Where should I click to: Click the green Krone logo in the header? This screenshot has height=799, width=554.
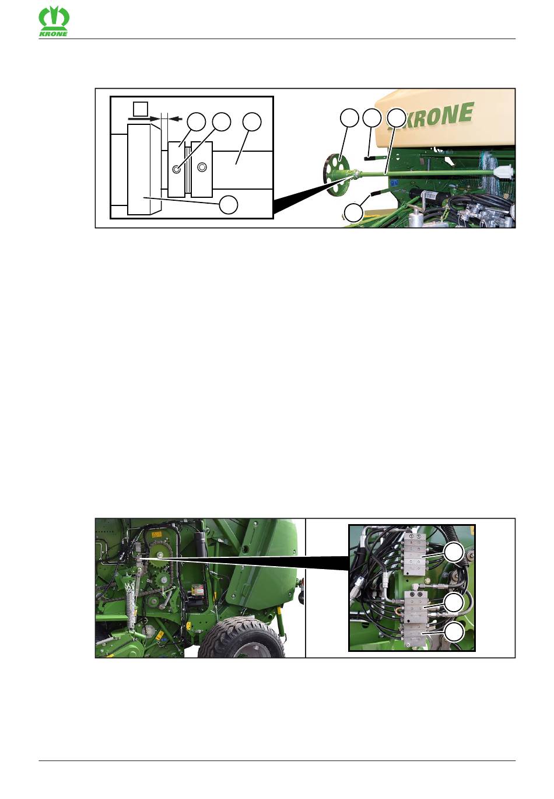[x=54, y=22]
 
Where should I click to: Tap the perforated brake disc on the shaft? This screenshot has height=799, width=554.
[x=338, y=174]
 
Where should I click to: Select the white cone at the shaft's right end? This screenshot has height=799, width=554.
[x=504, y=171]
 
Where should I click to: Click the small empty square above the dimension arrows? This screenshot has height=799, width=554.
[x=140, y=108]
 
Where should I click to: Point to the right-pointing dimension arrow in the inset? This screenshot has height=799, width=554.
[x=145, y=118]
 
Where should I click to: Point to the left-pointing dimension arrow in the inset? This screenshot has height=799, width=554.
[x=176, y=118]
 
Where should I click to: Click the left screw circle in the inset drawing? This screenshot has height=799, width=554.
[x=176, y=169]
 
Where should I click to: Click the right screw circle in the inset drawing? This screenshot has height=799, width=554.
[x=202, y=166]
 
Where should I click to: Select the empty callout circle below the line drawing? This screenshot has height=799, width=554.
[x=228, y=204]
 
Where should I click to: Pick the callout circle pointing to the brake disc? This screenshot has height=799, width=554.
[x=349, y=117]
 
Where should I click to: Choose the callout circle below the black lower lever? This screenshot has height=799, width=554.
[x=353, y=212]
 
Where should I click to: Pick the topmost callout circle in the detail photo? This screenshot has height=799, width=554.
[x=454, y=553]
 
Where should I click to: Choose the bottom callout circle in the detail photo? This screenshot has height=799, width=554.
[x=454, y=631]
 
